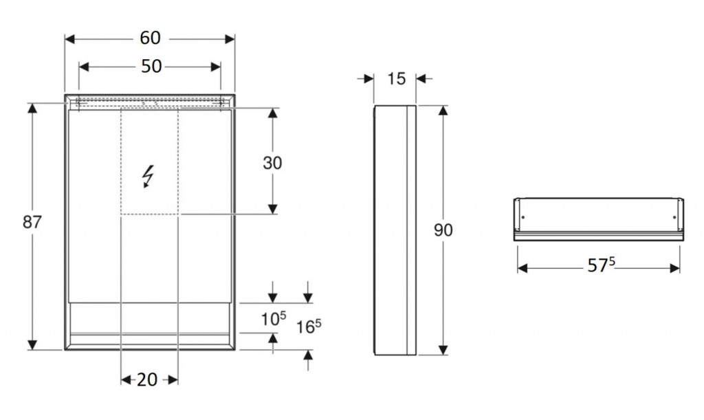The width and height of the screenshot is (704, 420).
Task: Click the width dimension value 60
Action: tap(150, 38)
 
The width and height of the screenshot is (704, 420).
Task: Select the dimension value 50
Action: tap(151, 67)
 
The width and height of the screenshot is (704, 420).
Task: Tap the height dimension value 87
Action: tap(32, 221)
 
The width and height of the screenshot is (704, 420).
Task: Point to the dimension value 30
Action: tap(272, 163)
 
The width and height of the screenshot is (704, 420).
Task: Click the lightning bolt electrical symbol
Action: tap(148, 177)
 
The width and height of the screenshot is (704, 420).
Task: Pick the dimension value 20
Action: tap(147, 380)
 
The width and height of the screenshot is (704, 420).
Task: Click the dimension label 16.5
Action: tap(309, 327)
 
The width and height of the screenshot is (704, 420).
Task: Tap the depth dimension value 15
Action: tap(396, 79)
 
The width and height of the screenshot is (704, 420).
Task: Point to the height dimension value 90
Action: tap(443, 230)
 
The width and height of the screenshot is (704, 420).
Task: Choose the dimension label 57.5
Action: tap(601, 265)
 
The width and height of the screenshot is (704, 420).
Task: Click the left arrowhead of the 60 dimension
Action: tap(69, 39)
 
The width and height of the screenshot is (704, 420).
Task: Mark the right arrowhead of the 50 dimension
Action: tap(216, 67)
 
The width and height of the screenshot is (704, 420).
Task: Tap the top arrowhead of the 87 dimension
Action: tap(32, 108)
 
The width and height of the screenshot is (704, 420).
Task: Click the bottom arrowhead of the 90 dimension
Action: tap(443, 350)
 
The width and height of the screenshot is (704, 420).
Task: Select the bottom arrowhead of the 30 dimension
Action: tap(272, 209)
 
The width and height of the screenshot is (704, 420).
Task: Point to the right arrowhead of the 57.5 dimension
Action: tap(675, 268)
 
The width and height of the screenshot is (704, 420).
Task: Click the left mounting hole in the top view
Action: tap(523, 218)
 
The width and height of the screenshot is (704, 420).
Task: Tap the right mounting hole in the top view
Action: tap(674, 218)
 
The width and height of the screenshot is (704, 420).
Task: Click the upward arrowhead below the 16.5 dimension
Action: tap(308, 355)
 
